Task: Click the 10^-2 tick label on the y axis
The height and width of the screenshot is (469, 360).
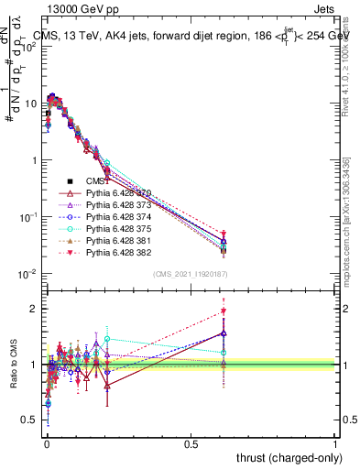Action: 27,274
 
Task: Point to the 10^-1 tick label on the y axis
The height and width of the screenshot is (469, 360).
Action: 27,217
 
